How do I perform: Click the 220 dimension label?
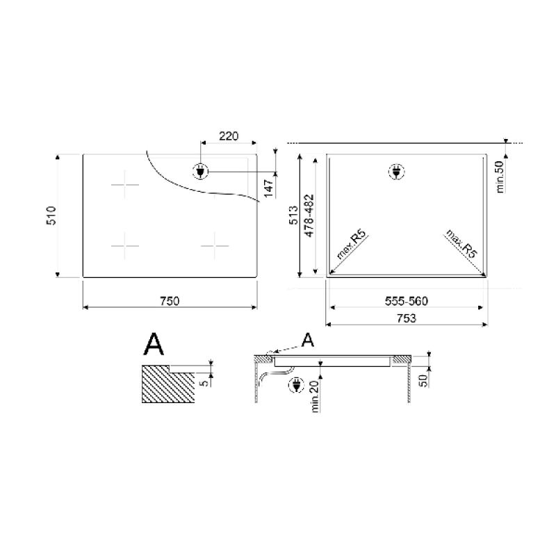229,136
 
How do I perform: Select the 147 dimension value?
268,188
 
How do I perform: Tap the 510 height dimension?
51,215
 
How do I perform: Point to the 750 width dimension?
170,301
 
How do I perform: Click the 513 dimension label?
293,215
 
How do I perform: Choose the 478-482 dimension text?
309,215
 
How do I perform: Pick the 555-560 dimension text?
407,301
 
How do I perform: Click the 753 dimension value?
407,318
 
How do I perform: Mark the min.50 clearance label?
500,177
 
